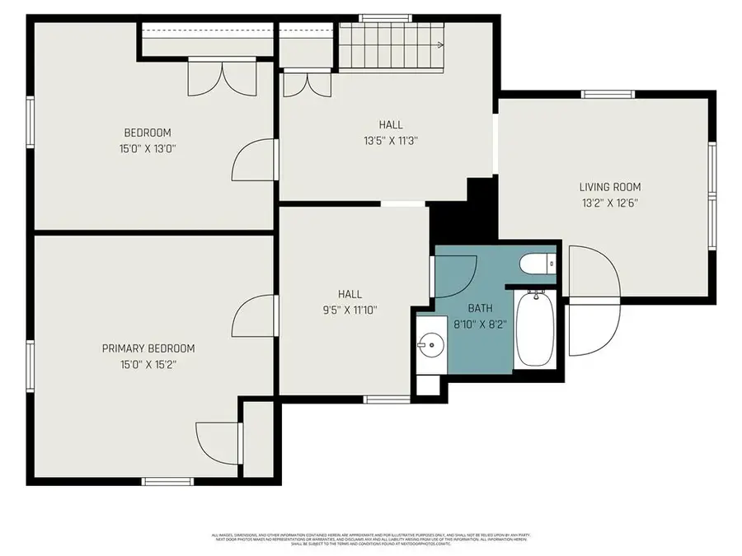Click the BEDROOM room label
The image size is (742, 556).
[147, 133]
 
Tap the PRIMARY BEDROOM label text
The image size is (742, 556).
[148, 348]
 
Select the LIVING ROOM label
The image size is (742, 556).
[609, 187]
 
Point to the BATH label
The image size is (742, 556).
[480, 308]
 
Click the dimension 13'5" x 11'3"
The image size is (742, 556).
[391, 140]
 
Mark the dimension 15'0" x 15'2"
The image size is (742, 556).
[148, 363]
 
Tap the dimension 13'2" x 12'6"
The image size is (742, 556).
[609, 202]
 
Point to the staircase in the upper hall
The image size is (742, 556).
[392, 45]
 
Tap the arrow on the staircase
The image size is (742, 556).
[441, 45]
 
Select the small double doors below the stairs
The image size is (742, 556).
[303, 85]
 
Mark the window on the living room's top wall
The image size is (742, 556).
[607, 94]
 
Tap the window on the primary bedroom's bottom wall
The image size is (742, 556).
[167, 481]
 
